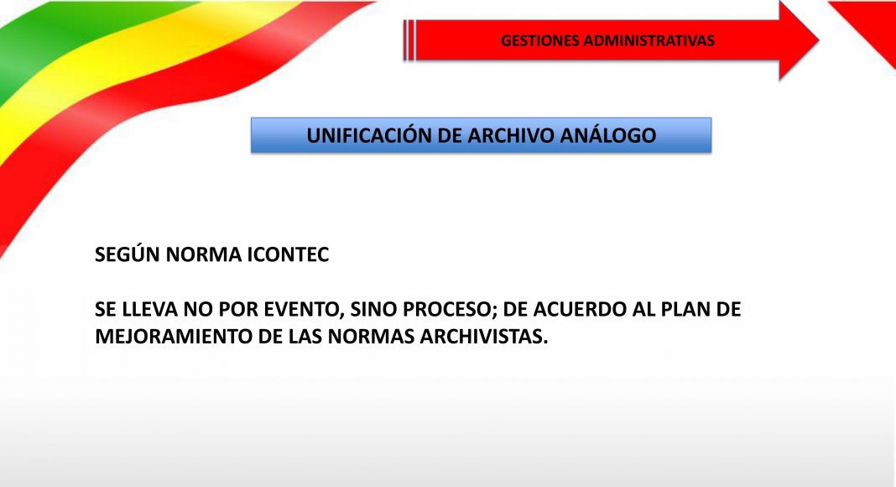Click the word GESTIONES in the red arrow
[539, 40]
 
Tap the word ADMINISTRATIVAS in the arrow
[649, 40]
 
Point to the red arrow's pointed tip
[818, 40]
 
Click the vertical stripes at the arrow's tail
[409, 40]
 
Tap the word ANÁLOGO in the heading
[608, 135]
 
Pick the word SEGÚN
[128, 254]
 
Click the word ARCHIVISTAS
[483, 337]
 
